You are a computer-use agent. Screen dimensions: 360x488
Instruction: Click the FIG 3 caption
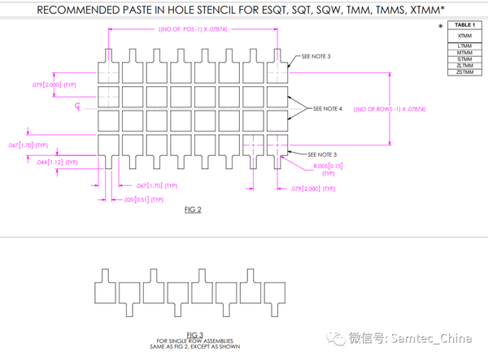194,334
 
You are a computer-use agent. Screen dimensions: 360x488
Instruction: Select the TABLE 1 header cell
464,26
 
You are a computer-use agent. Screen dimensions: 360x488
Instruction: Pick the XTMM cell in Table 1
464,36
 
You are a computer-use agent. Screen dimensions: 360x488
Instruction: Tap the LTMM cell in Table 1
464,46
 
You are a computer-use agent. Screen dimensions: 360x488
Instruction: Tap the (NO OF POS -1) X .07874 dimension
195,31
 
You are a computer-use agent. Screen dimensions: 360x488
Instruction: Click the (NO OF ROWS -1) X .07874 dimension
390,108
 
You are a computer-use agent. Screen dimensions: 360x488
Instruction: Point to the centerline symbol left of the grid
79,106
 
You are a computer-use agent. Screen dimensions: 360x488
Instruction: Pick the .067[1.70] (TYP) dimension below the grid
152,185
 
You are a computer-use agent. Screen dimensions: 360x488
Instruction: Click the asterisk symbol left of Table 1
440,26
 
